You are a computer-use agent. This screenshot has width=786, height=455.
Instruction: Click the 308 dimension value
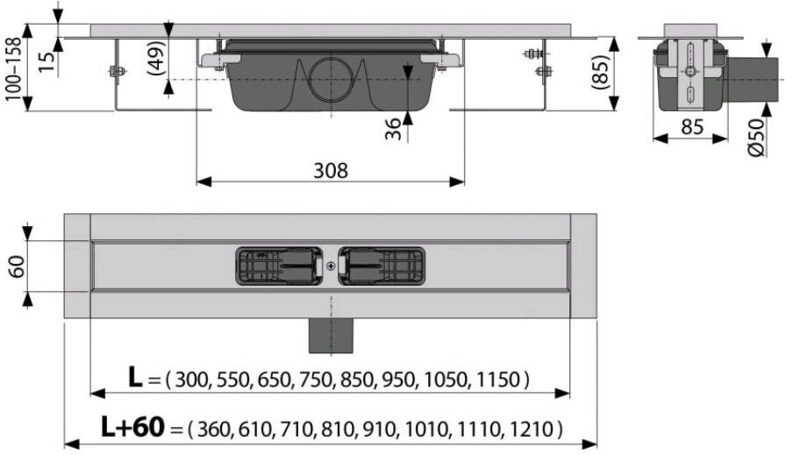[331, 171]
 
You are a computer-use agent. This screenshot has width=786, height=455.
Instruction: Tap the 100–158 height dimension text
[13, 69]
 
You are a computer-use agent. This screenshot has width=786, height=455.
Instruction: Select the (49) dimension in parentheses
[156, 58]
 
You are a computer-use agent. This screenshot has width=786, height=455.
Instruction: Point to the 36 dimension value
[395, 129]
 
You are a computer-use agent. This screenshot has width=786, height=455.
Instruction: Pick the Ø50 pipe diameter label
[757, 137]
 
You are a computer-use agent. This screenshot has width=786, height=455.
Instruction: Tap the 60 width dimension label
[16, 267]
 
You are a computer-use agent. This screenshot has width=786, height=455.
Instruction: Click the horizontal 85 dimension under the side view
[692, 127]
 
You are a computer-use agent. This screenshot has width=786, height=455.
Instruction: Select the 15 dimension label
[46, 60]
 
